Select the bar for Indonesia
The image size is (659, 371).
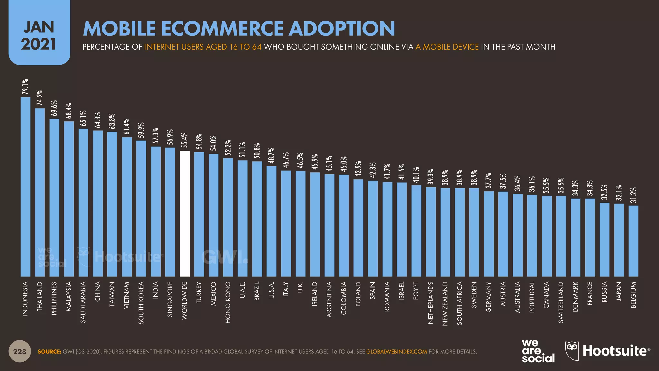tap(25, 187)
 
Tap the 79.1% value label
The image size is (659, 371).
tap(25, 87)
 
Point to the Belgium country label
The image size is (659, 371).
tap(633, 295)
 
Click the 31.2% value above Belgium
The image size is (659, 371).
tap(633, 195)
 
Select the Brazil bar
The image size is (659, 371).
tap(257, 219)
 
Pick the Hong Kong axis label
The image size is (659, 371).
tap(228, 302)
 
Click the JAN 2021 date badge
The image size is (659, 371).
tap(39, 35)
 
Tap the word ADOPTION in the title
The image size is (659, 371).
tap(342, 29)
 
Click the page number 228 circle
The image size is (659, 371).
tap(20, 351)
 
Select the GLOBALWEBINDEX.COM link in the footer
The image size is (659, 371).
tap(396, 352)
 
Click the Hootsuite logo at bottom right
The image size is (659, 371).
tap(608, 351)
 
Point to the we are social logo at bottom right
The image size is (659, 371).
tap(538, 351)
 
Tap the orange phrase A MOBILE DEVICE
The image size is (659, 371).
tap(447, 47)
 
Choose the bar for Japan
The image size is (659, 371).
tap(619, 240)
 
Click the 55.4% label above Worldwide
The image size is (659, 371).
tap(185, 140)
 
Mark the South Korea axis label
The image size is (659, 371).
tap(141, 303)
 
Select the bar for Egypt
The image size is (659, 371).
tap(416, 231)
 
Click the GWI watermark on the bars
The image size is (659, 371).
tap(225, 257)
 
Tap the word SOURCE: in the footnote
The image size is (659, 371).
tap(49, 352)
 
